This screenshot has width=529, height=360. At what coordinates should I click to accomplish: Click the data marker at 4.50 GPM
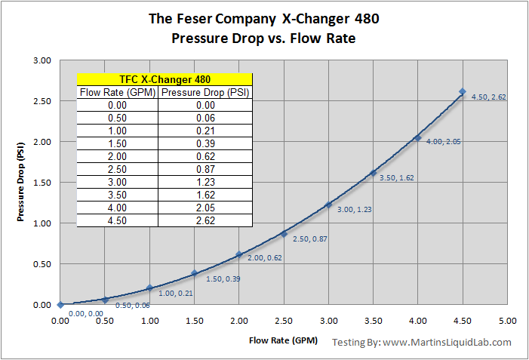[462, 92]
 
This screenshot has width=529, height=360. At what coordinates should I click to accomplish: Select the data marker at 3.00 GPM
[328, 205]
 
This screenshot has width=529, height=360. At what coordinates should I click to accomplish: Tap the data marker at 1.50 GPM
[194, 273]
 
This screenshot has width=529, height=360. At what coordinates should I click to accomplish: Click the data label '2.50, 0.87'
[309, 238]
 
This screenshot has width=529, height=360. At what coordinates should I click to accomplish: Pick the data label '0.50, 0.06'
[131, 305]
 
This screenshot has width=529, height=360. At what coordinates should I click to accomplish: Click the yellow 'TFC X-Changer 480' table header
[165, 79]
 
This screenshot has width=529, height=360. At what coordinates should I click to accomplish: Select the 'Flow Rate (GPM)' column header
[118, 93]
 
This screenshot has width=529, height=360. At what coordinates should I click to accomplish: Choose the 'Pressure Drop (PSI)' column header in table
[205, 93]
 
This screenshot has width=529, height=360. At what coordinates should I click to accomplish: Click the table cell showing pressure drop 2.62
[205, 221]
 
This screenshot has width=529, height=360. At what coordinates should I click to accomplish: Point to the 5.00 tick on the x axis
[507, 321]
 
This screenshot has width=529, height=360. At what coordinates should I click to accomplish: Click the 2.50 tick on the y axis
[42, 100]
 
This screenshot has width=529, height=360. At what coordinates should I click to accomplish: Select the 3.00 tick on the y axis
[42, 60]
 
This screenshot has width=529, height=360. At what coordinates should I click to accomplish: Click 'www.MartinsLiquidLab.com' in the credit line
[447, 342]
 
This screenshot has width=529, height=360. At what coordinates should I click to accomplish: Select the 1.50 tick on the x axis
[194, 321]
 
